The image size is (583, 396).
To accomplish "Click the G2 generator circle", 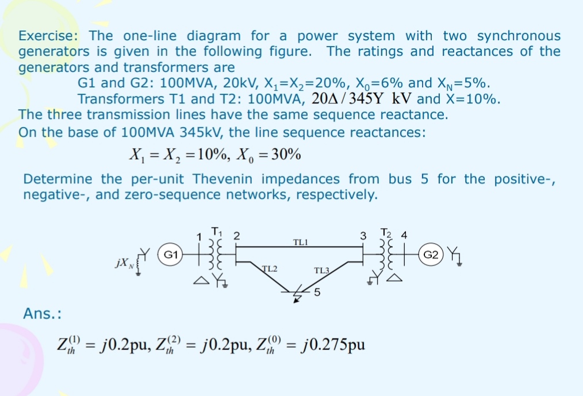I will pos(432,253).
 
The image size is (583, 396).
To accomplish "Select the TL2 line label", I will pos(270,268).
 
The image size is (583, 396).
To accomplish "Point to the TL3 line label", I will pos(323,270).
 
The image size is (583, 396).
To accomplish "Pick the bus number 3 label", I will pos(363,236).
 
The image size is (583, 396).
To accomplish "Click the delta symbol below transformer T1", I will pos(199,281).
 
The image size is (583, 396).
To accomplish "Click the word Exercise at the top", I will pos(50,36).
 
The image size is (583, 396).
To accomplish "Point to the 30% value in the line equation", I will pos(285,155).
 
